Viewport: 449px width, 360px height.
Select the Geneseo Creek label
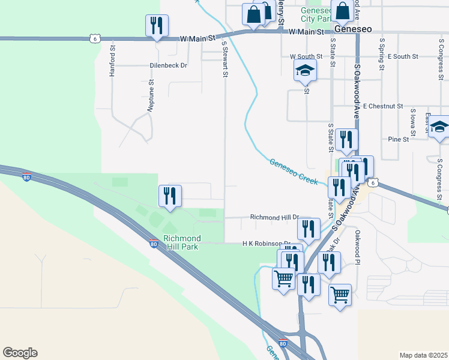coord(293,172)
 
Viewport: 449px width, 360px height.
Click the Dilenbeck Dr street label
coord(169,66)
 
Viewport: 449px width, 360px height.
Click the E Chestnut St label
coord(383,106)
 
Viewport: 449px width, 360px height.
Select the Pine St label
coord(398,139)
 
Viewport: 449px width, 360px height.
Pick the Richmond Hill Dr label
coord(274,217)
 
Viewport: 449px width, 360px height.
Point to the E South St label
coord(403,56)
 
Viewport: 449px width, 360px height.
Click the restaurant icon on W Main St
coord(157,26)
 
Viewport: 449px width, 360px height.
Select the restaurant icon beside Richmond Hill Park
coord(170,196)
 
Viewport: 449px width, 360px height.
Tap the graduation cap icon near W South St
coord(305,71)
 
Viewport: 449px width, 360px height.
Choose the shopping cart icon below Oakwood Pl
coord(340,295)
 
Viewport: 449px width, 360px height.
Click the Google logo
coord(20,353)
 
